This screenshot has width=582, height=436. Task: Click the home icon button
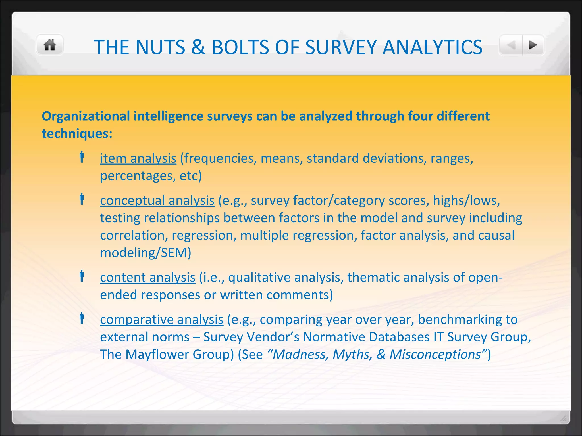[49, 45]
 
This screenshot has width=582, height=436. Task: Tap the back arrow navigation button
[511, 45]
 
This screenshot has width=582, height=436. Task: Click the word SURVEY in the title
[340, 47]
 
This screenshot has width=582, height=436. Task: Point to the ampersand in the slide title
[198, 47]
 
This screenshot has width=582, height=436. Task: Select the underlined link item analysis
[138, 158]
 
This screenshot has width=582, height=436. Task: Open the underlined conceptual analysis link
[157, 200]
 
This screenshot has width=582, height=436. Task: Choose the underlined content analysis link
[147, 277]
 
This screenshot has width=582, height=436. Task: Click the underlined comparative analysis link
[161, 320]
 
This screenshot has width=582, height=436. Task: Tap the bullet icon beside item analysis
[82, 157]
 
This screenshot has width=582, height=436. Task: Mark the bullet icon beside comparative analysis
[82, 318]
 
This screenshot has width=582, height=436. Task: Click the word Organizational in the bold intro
[86, 116]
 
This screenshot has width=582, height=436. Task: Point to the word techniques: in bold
[77, 133]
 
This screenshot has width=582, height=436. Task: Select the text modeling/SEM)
[145, 253]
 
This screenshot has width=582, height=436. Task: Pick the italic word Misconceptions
[435, 355]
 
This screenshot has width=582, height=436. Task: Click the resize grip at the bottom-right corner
[563, 418]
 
